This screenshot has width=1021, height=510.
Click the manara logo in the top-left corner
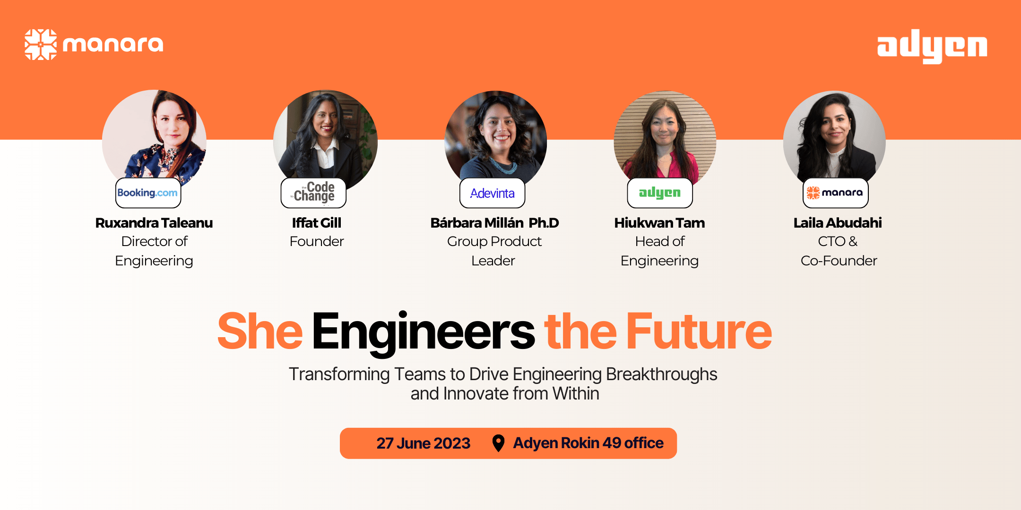[x=94, y=44]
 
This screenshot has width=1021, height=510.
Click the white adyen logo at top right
[x=932, y=46]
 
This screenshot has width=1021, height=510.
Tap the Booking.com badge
[x=148, y=193]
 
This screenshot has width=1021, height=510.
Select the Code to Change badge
[x=313, y=193]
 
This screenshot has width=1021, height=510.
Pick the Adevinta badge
[x=492, y=193]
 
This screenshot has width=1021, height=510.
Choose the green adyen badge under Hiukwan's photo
[x=659, y=193]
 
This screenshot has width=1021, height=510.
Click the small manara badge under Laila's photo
[x=835, y=193]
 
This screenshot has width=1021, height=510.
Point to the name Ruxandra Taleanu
[x=154, y=223]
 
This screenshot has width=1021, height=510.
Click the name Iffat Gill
[x=316, y=223]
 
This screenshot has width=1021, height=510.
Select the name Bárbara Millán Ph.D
[x=494, y=223]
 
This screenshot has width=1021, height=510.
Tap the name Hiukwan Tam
[x=659, y=223]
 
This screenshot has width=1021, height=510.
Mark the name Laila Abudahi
[x=838, y=223]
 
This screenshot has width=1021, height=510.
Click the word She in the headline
[x=260, y=331]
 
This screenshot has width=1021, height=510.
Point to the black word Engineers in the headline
[x=423, y=331]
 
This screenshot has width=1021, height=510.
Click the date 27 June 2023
[x=423, y=443]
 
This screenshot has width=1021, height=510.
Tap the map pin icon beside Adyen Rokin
[x=498, y=443]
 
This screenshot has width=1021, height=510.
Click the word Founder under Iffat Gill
[x=317, y=241]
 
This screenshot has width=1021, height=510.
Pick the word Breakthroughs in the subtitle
[x=661, y=374]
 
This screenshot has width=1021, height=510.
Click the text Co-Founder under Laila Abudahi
[x=839, y=261]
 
